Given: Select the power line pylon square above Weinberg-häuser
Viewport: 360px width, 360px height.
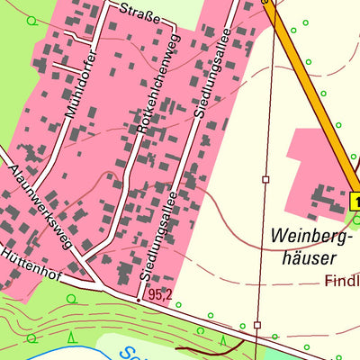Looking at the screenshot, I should [x=265, y=180].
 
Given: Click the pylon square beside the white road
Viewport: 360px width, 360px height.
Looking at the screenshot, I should [x=256, y=324].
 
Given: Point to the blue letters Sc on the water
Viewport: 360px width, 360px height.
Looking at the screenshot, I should [x=131, y=353].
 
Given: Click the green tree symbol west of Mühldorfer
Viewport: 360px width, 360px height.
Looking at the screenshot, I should [x=32, y=20].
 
